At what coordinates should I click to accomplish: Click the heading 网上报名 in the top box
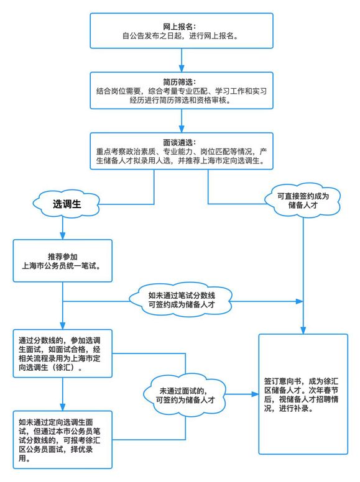coord(179,27)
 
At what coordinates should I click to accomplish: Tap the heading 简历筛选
coord(179,82)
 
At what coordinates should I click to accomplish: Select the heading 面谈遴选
coord(179,142)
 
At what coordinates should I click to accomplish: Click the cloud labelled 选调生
coord(66,204)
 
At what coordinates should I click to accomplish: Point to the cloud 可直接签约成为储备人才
coord(303,201)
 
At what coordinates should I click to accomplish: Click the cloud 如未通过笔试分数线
coord(181,300)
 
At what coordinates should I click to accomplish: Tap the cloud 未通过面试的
coord(185,396)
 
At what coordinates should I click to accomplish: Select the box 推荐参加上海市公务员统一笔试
coord(62,261)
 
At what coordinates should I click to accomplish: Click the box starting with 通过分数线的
coord(62,353)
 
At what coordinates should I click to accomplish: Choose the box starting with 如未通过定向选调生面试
coord(62,440)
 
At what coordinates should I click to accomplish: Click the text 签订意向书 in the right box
coord(282,381)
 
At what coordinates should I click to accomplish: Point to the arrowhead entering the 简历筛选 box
coord(182,68)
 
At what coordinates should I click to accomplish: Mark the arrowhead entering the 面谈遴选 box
coord(182,129)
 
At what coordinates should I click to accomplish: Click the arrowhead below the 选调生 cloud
coord(62,235)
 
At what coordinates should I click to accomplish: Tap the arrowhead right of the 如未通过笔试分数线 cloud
coord(299,301)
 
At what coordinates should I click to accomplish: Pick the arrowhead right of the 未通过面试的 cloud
coord(255,394)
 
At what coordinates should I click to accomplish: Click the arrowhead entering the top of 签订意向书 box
coord(303,330)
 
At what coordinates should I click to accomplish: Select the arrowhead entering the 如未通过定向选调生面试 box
coord(62,407)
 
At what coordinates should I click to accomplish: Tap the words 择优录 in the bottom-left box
coord(81,449)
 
